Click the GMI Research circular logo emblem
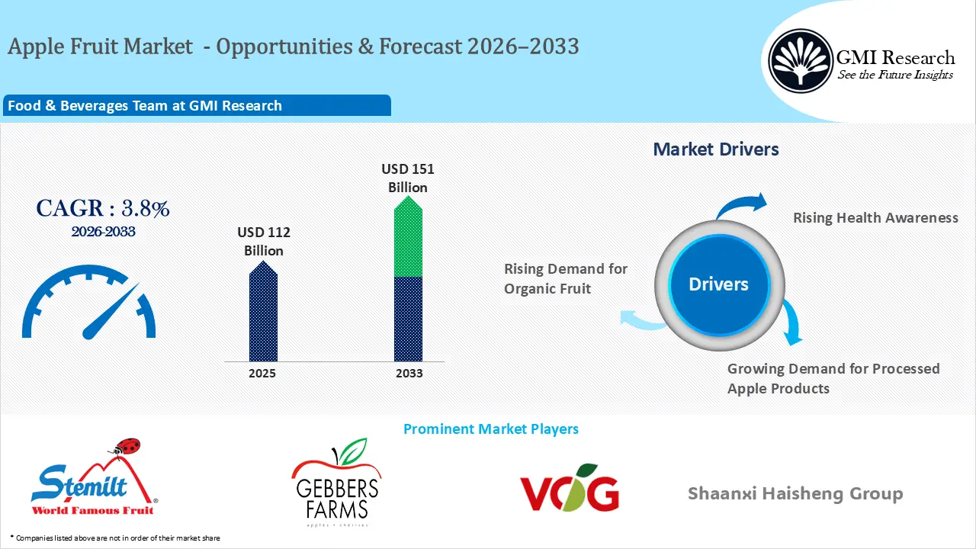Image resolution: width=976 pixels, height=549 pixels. [x=801, y=60]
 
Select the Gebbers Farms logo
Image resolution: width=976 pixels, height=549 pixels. [x=336, y=483]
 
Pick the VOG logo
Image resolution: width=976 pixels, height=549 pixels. [x=570, y=487]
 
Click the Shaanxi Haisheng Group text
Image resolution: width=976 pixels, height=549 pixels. [x=795, y=493]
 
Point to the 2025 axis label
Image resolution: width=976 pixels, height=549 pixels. [x=262, y=374]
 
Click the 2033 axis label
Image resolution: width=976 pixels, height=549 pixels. [x=409, y=374]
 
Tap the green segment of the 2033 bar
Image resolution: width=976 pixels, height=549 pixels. [x=408, y=236]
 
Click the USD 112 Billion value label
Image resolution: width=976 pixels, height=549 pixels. [x=264, y=242]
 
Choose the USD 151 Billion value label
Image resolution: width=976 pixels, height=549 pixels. [x=408, y=178]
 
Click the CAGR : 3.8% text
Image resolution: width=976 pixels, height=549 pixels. [x=103, y=208]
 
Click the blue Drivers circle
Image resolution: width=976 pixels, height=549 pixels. [x=719, y=285]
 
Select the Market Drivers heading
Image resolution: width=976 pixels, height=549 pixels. [x=716, y=149]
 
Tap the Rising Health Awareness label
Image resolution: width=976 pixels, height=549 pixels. [x=875, y=217]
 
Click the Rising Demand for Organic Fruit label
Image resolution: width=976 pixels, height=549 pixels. [x=566, y=279]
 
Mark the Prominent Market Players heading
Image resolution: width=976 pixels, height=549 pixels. [x=491, y=429]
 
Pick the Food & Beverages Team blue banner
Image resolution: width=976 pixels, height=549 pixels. [x=197, y=105]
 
